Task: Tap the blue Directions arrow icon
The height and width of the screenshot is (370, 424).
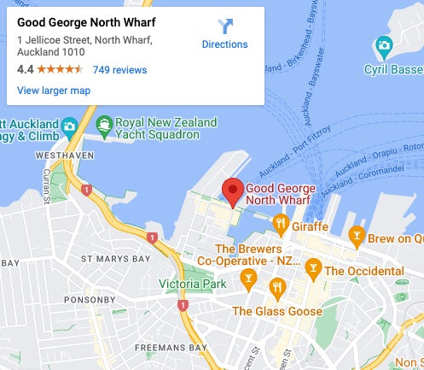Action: click(x=225, y=26)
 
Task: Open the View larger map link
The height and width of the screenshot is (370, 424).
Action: click(x=54, y=90)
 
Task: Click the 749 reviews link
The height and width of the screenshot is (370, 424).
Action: click(x=119, y=70)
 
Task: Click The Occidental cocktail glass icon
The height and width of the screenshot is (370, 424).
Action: click(x=313, y=270)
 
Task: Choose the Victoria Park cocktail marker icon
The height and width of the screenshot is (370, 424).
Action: click(x=248, y=278)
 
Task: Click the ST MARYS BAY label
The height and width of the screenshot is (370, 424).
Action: click(x=115, y=258)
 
